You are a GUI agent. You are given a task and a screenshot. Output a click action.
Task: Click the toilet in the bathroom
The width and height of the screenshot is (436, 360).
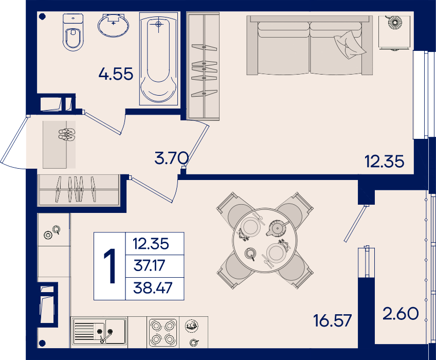coord(73,32)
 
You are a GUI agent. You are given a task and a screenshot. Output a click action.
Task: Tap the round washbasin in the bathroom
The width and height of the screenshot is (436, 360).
coord(113,25)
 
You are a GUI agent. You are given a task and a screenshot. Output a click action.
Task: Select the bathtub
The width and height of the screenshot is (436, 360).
coord(158,59)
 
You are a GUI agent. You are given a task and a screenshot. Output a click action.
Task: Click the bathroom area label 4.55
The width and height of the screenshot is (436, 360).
coord(116,74)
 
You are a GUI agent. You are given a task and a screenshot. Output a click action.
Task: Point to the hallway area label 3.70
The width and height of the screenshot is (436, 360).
coord(172,158)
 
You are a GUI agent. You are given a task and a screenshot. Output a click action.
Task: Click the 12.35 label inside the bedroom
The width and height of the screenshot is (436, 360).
coord(384,161)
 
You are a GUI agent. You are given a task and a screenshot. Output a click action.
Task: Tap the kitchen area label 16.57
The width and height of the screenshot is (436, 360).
coord(332,320)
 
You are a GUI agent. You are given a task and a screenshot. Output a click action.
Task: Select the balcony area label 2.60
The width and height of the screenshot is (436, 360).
coord(401,314)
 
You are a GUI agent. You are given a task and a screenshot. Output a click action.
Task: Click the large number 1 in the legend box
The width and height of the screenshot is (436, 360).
coord(110,266)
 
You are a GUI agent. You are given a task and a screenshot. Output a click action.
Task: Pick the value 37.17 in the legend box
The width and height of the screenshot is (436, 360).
coord(149,265)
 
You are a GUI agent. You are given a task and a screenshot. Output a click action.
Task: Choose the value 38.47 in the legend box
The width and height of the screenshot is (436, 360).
coord(153,287)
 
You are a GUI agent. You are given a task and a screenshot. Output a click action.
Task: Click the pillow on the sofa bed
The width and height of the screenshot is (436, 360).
coord(350,45)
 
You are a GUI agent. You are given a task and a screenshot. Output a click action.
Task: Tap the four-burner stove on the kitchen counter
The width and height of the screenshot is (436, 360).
coord(162,332)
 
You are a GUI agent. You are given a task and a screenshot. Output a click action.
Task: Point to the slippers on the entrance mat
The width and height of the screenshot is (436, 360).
coord(67,134)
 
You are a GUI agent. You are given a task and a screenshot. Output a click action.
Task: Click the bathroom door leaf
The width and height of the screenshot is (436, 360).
coord(103,123)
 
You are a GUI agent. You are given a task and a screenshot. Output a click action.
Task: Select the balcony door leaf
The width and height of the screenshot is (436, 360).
coord(356,223)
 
